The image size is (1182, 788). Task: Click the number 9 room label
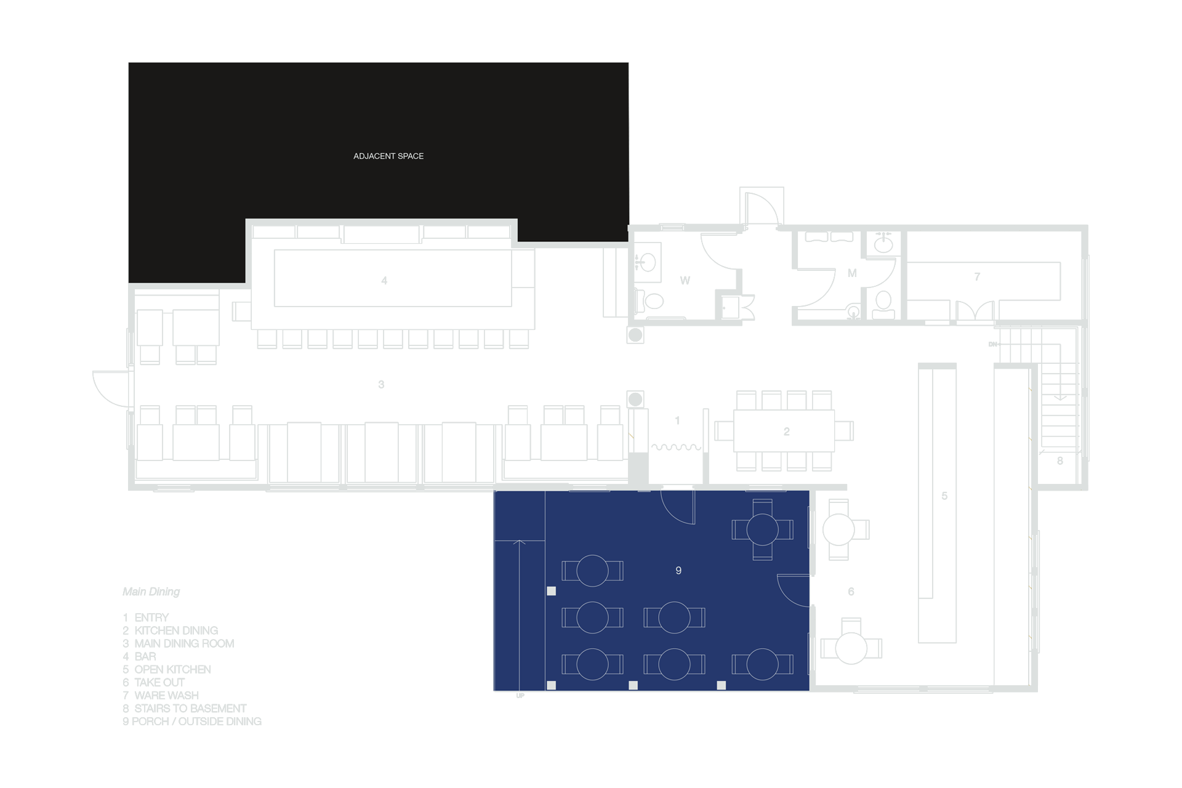[678, 571]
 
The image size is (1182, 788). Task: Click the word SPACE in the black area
[411, 156]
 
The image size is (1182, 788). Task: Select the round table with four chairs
[762, 529]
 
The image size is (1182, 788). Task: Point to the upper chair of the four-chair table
[762, 507]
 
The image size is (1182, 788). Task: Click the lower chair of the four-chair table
[762, 552]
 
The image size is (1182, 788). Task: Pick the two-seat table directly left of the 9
[592, 571]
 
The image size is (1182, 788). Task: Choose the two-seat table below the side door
[762, 664]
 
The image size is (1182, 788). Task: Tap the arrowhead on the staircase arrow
[519, 542]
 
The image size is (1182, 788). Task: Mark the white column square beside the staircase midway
[552, 591]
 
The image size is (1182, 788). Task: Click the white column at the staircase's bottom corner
[552, 685]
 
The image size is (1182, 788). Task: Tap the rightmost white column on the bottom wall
[722, 685]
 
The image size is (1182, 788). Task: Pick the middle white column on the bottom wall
[633, 685]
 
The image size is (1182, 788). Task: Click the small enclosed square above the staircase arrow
[520, 516]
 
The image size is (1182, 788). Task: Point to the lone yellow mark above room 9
[631, 436]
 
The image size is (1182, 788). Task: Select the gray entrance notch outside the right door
[821, 590]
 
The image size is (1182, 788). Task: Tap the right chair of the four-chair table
[786, 529]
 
